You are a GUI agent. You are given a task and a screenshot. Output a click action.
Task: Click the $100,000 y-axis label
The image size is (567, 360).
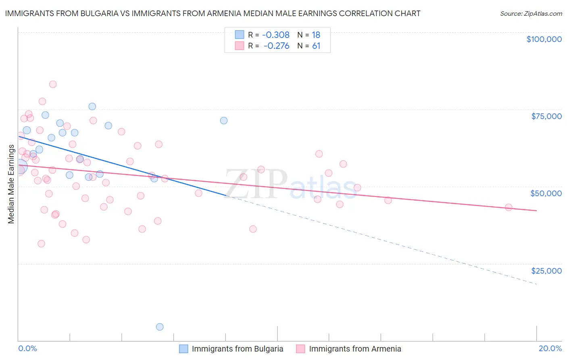pos(544,39)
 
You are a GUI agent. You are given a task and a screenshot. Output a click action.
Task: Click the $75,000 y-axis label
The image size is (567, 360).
pos(546,116)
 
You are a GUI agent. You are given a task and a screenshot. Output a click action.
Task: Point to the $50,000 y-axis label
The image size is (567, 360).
pos(546,193)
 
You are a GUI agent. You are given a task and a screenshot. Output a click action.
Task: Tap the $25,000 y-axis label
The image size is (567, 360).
pos(546,270)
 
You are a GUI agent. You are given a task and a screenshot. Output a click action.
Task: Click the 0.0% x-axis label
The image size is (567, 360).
pos(27,348)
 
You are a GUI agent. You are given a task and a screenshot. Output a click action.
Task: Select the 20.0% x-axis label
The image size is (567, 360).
pos(550,348)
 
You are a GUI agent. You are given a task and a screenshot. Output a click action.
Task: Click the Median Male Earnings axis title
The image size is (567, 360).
pos(11,184)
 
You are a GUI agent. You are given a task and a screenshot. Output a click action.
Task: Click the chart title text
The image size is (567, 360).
pos(213,13)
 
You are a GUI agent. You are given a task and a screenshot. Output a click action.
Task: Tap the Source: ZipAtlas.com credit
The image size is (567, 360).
pos(531,13)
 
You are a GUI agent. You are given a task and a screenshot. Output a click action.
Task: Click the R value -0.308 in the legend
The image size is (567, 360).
pos(276,35)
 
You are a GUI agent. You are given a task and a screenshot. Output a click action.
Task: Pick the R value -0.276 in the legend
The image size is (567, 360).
pos(276,46)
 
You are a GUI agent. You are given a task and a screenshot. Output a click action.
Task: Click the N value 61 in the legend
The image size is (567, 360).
pos(316,46)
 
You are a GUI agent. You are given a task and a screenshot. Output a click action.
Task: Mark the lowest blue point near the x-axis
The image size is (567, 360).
pos(160,327)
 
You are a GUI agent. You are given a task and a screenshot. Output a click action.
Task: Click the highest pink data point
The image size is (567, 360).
pos(53,84)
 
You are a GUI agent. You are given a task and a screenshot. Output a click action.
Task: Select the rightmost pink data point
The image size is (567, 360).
pos(509,207)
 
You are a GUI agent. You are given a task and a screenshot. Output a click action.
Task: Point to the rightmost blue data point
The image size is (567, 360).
pos(224,121)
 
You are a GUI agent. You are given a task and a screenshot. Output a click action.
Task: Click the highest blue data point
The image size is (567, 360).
pos(92,107)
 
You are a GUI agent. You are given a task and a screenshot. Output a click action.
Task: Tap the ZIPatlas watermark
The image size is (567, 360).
pos(290,184)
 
